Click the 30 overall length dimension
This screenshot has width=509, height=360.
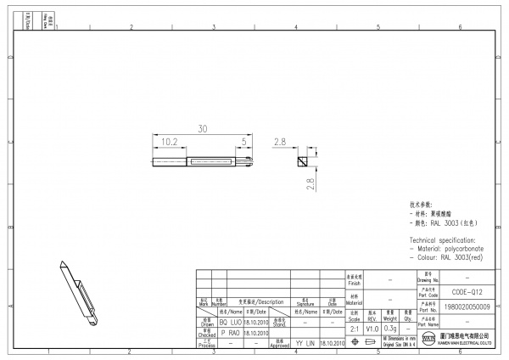point(203,129)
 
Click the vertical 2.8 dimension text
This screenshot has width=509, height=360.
point(310,183)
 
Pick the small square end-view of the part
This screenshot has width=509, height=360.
point(301,160)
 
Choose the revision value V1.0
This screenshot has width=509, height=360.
point(372,328)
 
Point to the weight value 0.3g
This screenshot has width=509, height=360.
point(390,328)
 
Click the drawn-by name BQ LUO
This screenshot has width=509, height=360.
point(231,323)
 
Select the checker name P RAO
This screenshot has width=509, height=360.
point(231,334)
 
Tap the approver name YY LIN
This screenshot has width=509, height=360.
point(305,343)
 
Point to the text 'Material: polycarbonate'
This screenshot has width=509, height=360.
point(450,248)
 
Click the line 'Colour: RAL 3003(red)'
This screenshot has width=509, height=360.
point(449,256)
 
